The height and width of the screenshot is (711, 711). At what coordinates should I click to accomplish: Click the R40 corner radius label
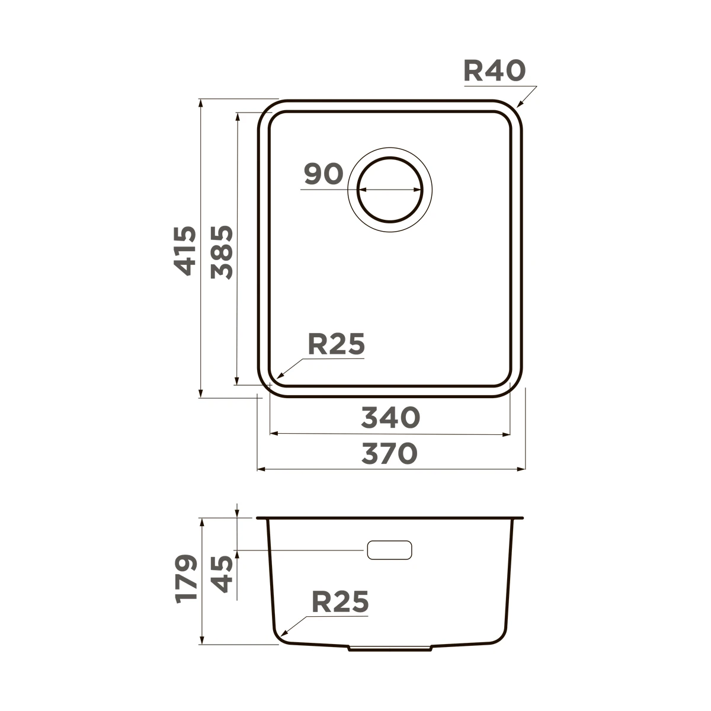tap(494, 71)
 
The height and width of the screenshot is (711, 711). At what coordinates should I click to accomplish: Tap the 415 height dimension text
tap(185, 251)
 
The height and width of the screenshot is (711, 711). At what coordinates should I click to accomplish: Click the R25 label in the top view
tap(336, 344)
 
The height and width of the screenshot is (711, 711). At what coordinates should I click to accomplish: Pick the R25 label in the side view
tap(340, 602)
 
